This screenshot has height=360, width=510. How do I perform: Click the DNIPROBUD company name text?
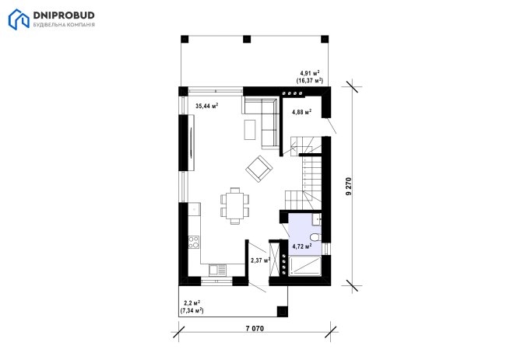point(64,16)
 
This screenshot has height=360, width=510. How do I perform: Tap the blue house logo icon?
point(19,19)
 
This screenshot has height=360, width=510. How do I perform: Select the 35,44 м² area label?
point(207,106)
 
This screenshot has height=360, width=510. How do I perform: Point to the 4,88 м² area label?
point(302,112)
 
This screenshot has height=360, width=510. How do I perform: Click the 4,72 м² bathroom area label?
point(302,246)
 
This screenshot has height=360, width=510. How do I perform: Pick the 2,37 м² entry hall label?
point(261,260)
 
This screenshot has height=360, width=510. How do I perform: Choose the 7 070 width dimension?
point(255,328)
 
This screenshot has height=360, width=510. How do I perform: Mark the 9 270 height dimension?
point(349,186)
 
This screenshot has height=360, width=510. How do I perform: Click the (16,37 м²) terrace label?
point(310,80)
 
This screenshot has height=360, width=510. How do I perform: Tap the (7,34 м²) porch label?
point(192,310)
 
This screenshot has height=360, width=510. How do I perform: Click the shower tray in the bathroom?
point(304,266)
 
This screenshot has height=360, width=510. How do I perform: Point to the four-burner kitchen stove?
point(194,242)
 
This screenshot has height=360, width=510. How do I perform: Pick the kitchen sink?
point(217,270)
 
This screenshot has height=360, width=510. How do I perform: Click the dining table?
point(235,206)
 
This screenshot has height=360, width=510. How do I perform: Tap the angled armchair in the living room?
point(259,169)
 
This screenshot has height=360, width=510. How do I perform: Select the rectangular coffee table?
point(250,130)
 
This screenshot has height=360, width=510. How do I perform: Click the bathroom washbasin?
point(316,219)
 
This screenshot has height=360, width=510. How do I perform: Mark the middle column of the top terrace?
point(247,40)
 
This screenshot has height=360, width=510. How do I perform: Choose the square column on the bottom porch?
point(283,312)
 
